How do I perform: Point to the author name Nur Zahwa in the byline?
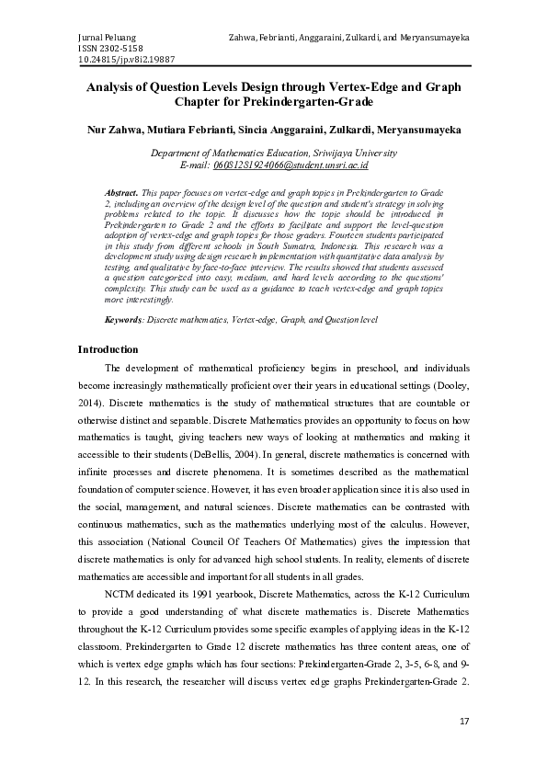coord(113,131)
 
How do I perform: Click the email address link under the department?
coord(291,166)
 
